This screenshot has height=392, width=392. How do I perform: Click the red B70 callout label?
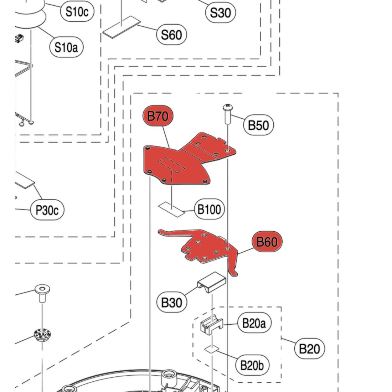[158, 116]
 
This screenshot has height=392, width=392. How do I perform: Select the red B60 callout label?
[267, 242]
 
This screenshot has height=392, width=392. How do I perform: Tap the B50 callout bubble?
[258, 125]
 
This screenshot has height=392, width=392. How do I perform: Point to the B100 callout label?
[209, 209]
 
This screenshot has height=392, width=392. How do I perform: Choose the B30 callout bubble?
[171, 303]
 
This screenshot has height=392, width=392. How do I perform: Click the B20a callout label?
[254, 323]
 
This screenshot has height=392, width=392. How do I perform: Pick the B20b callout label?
[252, 365]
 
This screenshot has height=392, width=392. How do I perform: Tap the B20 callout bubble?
[309, 348]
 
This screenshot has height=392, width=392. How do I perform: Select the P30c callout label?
[47, 210]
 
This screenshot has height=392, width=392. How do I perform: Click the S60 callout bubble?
[171, 35]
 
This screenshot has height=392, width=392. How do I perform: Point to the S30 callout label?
[220, 13]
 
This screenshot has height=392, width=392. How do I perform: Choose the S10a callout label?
[66, 47]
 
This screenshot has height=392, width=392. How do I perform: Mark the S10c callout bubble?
[77, 11]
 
